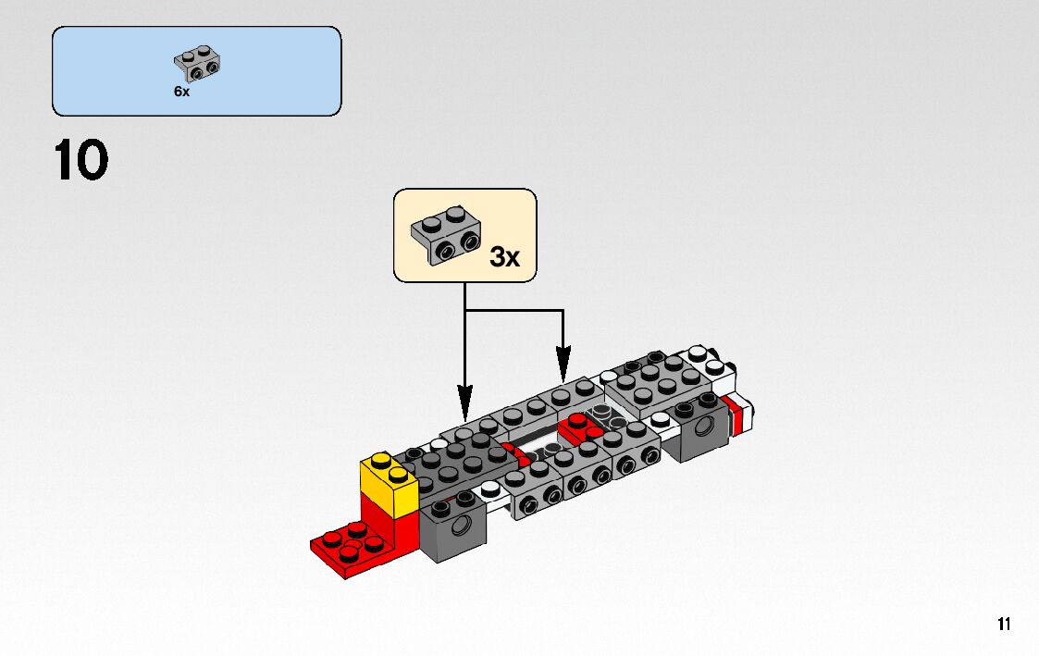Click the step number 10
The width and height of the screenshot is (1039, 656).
[x=81, y=160]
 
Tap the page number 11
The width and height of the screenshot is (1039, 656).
[x=1004, y=625]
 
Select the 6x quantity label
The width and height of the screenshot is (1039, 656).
[x=181, y=93]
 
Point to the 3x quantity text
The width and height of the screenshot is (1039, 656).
[x=504, y=256]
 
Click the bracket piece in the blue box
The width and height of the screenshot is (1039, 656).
[x=198, y=62]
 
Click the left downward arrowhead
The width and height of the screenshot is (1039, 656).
[x=464, y=410]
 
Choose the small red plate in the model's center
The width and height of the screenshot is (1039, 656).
[x=578, y=426]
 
